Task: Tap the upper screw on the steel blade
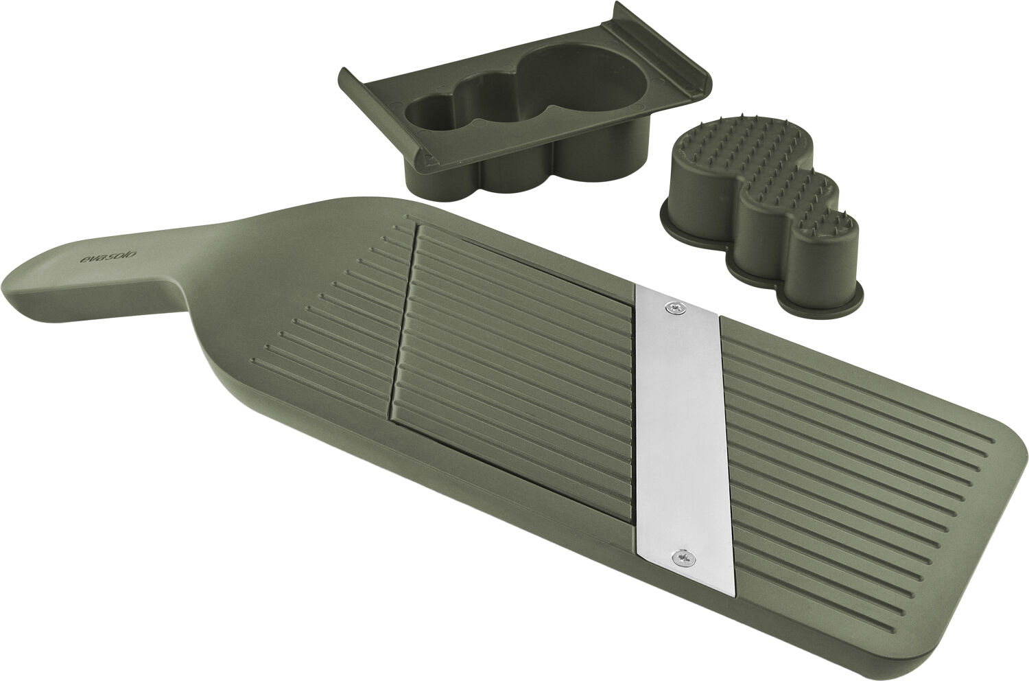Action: point(678,310)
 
